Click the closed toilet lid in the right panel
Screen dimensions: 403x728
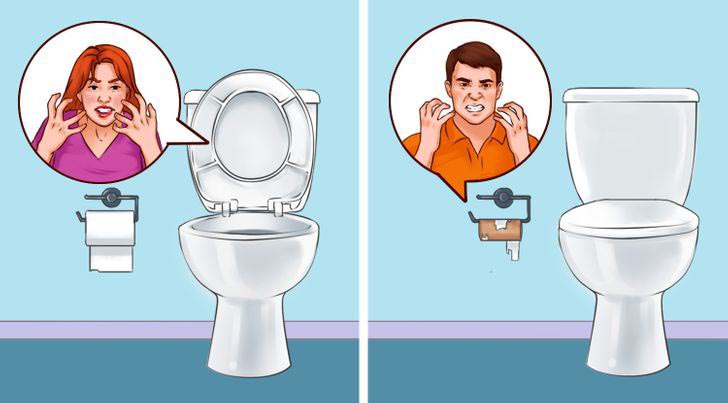point(627,222)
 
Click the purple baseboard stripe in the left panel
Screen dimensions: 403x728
point(100,328)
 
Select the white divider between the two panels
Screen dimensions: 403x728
point(363,200)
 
